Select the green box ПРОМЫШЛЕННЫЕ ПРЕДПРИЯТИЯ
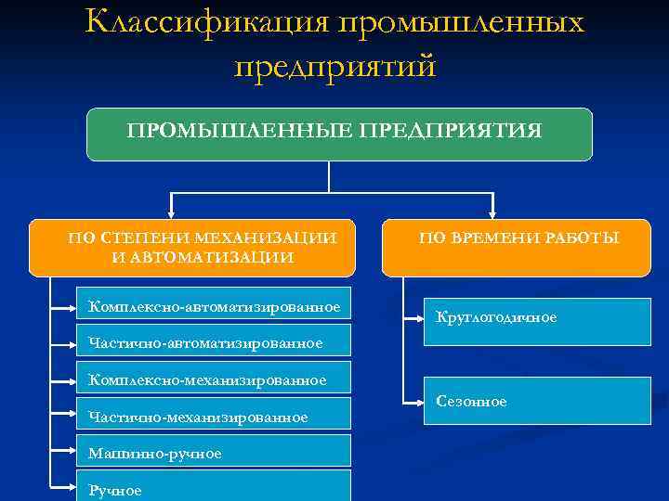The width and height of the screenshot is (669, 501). (x=339, y=135)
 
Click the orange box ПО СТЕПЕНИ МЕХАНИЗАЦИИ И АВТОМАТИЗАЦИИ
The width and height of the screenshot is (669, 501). (x=192, y=248)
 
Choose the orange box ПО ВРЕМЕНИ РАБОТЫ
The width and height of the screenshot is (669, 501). (x=517, y=248)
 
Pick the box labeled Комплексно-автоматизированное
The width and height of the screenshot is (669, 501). (x=215, y=306)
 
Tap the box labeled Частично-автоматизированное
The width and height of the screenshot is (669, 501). (x=215, y=341)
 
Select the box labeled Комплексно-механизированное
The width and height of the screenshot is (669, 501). (x=215, y=379)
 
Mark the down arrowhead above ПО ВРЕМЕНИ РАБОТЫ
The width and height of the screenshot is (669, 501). (x=493, y=211)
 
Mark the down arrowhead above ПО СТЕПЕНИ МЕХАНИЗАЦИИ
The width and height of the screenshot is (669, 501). (x=170, y=211)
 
